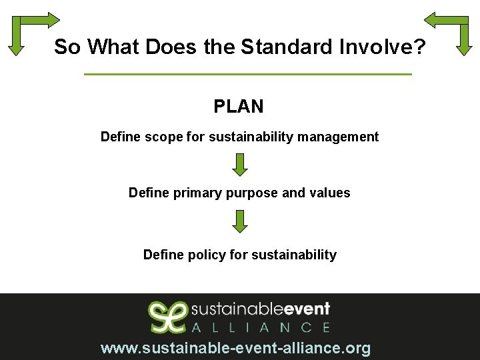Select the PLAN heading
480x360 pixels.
click(x=239, y=106)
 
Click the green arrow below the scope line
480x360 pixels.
click(x=240, y=165)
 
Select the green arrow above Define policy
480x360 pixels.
click(x=240, y=221)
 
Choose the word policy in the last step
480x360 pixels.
click(x=204, y=255)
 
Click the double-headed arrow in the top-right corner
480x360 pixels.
click(x=448, y=31)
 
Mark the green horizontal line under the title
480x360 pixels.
click(x=248, y=74)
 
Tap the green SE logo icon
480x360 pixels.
click(x=167, y=317)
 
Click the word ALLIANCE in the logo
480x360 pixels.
click(x=261, y=327)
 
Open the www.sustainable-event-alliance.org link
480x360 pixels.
click(x=235, y=348)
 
